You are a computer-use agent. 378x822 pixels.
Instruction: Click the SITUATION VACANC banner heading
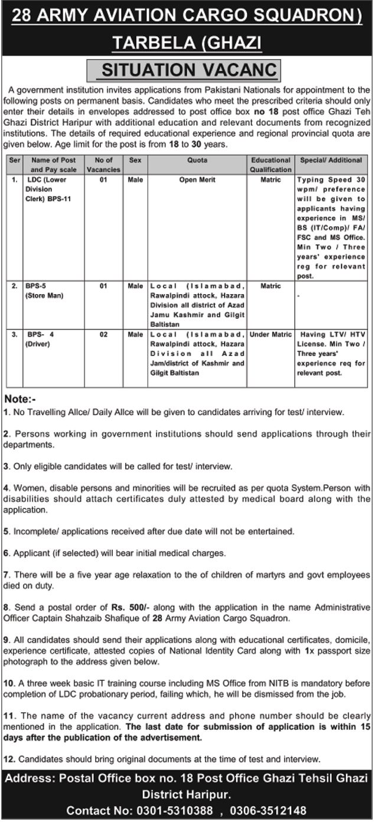pos(189,71)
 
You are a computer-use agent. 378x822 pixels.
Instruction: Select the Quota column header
pos(197,160)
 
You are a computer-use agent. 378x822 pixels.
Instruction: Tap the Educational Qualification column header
pos(271,164)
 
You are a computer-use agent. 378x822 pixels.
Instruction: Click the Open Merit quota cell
pos(197,181)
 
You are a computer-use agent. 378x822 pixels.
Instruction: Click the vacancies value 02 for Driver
pos(103,334)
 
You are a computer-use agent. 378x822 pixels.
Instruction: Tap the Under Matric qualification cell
pos(271,334)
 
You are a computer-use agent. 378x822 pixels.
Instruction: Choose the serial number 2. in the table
pos(15,286)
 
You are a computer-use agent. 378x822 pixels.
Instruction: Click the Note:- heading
pos(19,398)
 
